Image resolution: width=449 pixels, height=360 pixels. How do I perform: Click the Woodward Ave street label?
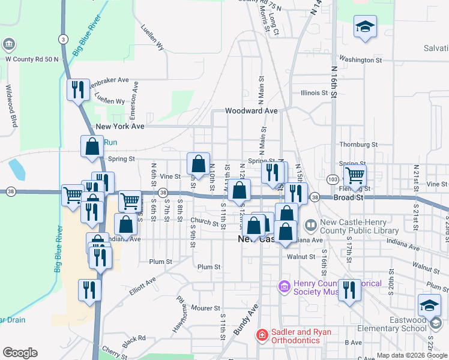click(x=251, y=111)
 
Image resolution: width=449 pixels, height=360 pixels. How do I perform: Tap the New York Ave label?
click(x=120, y=127)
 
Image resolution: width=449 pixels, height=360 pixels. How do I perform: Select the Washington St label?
click(x=360, y=59)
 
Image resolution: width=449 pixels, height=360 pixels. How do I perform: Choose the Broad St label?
click(x=348, y=197)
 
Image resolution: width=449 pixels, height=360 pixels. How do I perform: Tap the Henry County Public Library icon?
click(x=311, y=226)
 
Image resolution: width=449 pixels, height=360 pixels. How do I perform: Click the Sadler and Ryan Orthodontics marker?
click(x=262, y=335)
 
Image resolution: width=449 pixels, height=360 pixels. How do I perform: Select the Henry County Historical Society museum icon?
click(x=285, y=287)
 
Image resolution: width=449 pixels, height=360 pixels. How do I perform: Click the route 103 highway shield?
click(x=333, y=179)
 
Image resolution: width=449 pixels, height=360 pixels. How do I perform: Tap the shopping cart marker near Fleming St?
click(x=355, y=176)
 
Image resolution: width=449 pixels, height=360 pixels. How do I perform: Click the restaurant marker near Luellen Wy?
click(x=79, y=90)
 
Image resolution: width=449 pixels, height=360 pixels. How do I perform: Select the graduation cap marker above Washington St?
click(x=364, y=26)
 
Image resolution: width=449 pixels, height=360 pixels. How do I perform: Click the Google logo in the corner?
click(x=20, y=353)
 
